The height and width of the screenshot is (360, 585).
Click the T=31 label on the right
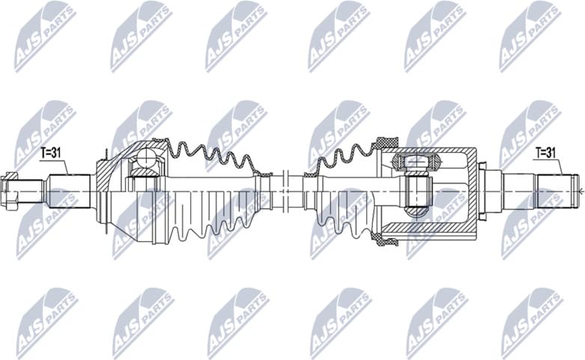click(545, 153)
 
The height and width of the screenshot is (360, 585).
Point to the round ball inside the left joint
click(145, 159)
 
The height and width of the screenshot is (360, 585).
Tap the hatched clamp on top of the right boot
click(386, 143)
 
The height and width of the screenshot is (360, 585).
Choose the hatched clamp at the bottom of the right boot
click(387, 240)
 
